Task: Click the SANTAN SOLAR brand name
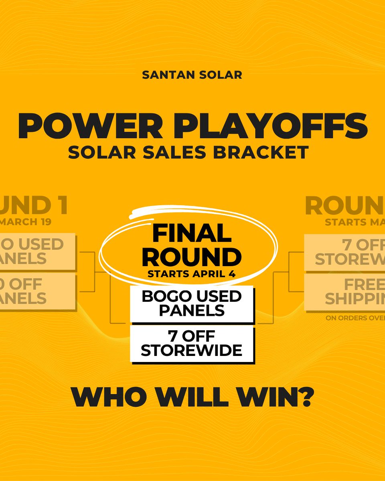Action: (192, 75)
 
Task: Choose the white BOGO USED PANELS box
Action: (192, 303)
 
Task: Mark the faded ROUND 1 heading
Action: (34, 205)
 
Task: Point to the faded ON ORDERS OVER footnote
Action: (355, 319)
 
